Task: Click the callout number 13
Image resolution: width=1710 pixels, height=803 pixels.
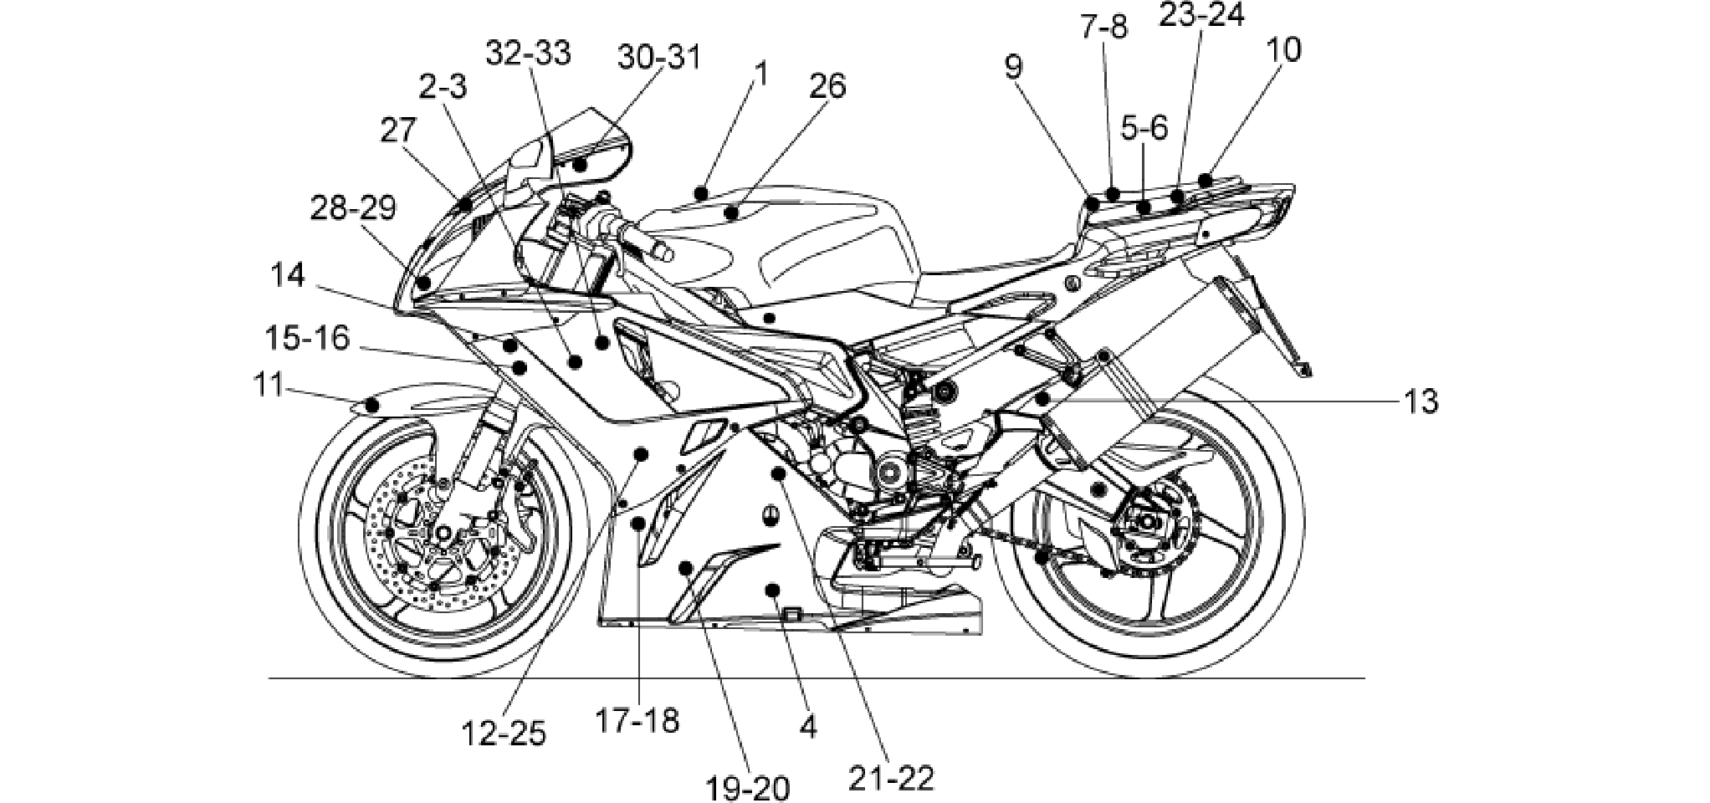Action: (x=1421, y=402)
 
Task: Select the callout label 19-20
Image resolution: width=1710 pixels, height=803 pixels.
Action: (x=747, y=788)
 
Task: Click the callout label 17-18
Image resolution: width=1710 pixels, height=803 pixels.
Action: (x=637, y=719)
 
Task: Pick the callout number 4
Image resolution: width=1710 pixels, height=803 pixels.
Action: (x=807, y=727)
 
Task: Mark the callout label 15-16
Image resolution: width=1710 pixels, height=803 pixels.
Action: (x=307, y=339)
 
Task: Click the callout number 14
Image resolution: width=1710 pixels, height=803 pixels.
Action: (x=289, y=275)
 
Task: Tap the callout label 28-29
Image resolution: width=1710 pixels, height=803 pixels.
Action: (x=353, y=207)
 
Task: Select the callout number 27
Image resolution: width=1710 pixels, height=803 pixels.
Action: (x=398, y=131)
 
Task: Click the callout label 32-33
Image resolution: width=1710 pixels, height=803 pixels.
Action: (x=529, y=52)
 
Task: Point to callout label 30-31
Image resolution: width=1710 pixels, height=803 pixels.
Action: (x=659, y=58)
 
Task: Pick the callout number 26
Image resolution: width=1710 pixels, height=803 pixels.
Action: (x=827, y=84)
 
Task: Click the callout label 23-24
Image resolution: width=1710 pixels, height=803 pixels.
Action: (x=1201, y=14)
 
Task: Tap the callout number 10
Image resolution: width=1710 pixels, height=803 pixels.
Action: (x=1284, y=50)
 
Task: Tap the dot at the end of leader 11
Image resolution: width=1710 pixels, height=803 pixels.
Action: (x=373, y=407)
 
